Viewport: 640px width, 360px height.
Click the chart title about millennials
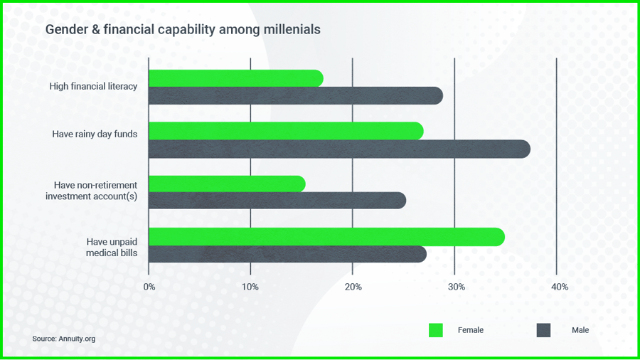click(183, 30)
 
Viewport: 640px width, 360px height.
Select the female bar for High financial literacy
click(235, 78)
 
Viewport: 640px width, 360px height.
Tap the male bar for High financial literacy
click(295, 96)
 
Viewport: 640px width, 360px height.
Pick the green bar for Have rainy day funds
click(285, 131)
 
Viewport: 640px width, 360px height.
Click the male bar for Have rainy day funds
click(338, 149)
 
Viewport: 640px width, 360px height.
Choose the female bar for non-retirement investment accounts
click(226, 184)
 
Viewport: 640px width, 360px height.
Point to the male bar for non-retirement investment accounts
click(277, 201)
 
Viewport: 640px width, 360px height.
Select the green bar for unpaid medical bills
click(326, 236)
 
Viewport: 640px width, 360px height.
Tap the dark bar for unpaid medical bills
click(287, 254)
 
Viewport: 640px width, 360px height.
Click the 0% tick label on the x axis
click(149, 287)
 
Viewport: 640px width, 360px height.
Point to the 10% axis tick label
click(250, 287)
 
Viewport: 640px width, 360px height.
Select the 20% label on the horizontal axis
click(353, 287)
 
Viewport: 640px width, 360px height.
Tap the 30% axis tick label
click(456, 287)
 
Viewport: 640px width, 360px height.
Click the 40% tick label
click(559, 287)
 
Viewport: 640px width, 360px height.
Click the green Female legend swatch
click(436, 330)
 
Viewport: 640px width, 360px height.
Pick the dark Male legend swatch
click(543, 330)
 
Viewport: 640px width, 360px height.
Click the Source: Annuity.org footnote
click(63, 339)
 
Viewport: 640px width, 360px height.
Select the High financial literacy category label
click(93, 87)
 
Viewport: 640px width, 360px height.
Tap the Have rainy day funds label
click(95, 134)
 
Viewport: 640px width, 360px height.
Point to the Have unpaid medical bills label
click(112, 247)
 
